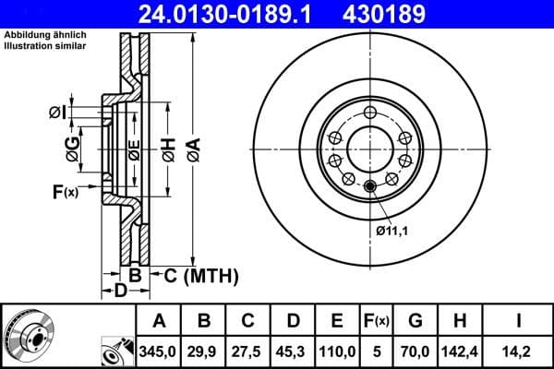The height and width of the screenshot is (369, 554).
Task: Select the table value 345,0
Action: (159, 351)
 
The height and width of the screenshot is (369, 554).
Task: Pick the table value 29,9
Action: (205, 351)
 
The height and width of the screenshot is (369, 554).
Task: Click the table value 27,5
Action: (248, 351)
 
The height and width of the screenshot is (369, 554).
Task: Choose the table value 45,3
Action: (293, 351)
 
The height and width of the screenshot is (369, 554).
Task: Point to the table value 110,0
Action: (337, 351)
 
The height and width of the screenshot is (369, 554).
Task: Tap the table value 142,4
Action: (461, 351)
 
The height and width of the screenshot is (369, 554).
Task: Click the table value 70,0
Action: (415, 351)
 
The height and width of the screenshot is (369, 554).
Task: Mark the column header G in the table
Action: (415, 321)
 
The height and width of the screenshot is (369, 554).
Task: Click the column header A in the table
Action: (159, 321)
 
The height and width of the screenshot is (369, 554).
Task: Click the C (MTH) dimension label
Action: (200, 275)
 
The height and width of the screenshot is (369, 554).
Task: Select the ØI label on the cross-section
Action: (57, 113)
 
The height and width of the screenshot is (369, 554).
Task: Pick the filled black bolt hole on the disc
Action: (370, 187)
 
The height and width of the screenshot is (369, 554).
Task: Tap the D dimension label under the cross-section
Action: (120, 292)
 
